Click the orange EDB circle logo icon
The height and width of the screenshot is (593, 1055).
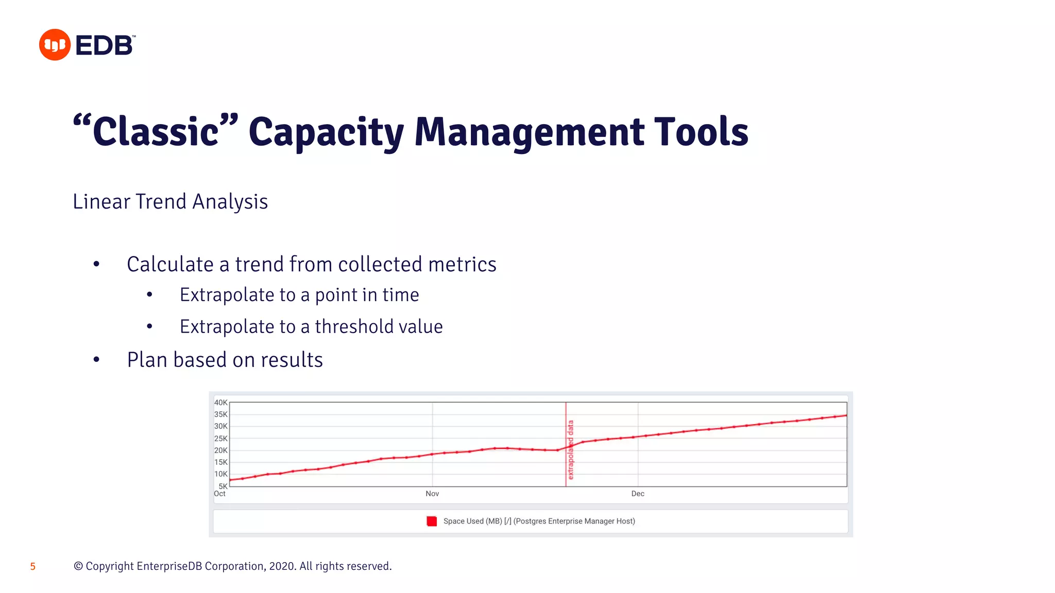click(55, 45)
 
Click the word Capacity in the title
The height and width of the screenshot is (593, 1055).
click(326, 132)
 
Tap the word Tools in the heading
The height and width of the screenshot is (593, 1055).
click(701, 132)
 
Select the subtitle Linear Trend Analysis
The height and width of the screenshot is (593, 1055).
click(170, 202)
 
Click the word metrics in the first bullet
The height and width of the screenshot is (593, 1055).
click(462, 265)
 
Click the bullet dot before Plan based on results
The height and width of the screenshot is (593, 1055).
click(96, 360)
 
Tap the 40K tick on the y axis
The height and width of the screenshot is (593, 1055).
click(220, 403)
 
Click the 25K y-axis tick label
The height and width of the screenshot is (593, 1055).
click(220, 439)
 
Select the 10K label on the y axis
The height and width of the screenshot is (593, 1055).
click(220, 474)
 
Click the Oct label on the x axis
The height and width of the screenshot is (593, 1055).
click(219, 494)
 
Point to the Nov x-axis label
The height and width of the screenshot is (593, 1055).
click(432, 494)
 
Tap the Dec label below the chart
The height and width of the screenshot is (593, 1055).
click(638, 494)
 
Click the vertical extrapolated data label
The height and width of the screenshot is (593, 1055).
click(570, 450)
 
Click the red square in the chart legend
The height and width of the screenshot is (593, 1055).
click(432, 521)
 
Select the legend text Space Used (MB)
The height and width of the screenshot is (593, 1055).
click(472, 521)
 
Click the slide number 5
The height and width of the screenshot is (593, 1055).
click(32, 567)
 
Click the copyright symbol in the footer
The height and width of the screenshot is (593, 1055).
click(78, 566)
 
